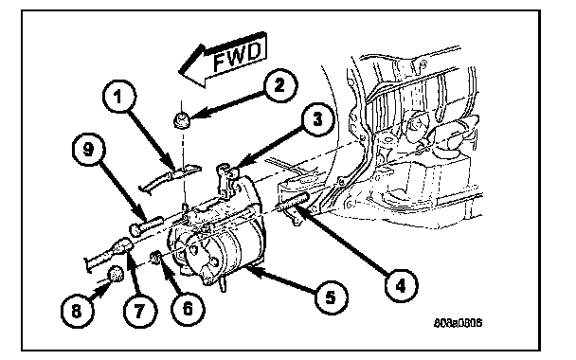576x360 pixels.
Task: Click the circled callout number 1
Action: point(119,97)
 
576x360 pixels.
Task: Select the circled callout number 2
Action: point(279,86)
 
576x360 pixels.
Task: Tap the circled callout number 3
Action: point(317,119)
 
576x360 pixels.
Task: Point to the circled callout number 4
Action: point(401,285)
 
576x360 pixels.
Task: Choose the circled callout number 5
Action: point(331,297)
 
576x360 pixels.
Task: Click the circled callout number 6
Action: point(188,309)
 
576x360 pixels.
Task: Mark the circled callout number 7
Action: point(139,311)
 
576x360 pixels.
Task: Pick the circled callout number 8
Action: point(77,311)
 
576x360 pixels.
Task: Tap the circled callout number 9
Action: point(88,150)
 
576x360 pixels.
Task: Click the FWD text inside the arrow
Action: point(237,57)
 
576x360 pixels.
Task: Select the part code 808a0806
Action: point(458,323)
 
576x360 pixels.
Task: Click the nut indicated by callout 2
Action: point(181,120)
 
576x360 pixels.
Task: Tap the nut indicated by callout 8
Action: point(117,275)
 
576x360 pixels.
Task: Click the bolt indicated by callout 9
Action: point(146,225)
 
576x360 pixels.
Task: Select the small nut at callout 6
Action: point(156,257)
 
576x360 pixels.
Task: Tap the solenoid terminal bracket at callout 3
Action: point(227,179)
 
